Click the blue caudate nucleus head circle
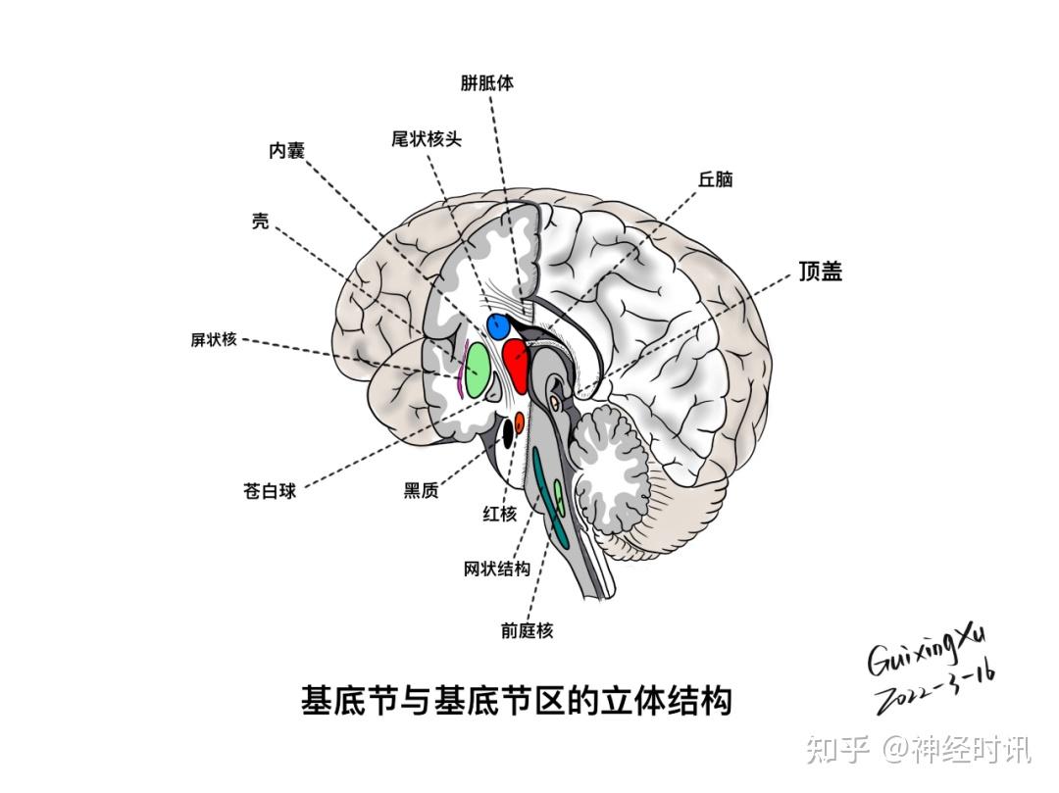coord(499,324)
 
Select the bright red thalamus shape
coord(516,362)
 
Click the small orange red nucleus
coord(520,424)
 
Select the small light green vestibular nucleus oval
coord(559,494)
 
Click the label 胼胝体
coord(486,83)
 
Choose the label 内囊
coord(287,151)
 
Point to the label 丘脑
coord(715,180)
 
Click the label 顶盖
coord(820,272)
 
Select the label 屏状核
coord(214,340)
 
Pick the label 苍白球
coord(270,491)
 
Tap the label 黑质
coord(421,491)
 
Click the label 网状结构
coord(497,570)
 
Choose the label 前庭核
coord(527,631)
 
